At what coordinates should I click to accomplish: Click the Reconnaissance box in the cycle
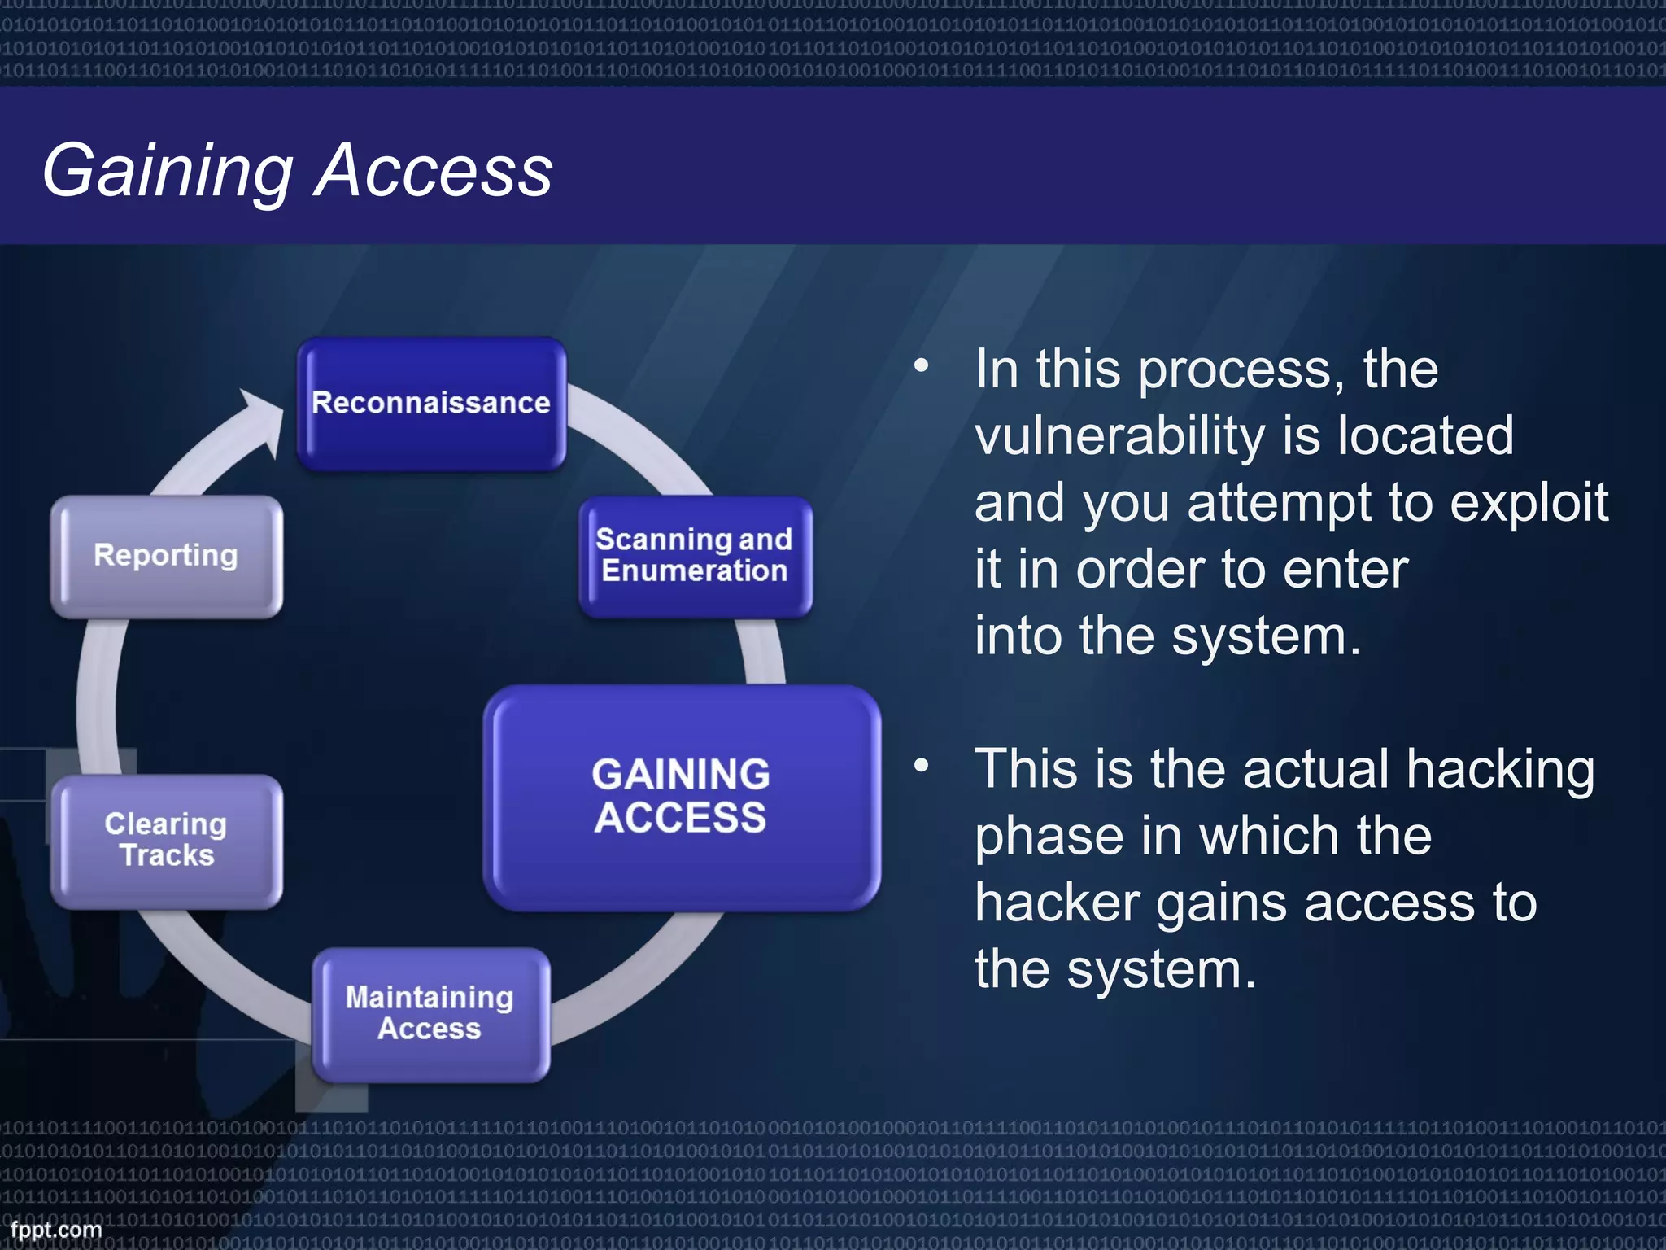431,404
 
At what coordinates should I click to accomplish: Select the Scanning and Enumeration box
695,557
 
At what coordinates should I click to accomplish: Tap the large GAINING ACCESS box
681,798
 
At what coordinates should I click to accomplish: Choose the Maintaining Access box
430,1014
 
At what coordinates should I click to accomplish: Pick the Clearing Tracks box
166,841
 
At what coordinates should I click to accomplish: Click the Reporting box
166,556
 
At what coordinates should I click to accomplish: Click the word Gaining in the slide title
167,171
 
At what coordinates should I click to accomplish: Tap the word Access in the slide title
434,171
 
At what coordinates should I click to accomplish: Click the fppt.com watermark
55,1230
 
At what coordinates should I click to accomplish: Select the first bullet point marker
921,365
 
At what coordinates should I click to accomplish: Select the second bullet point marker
921,765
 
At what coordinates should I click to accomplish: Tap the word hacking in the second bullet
1500,770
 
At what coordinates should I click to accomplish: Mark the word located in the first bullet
1425,436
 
